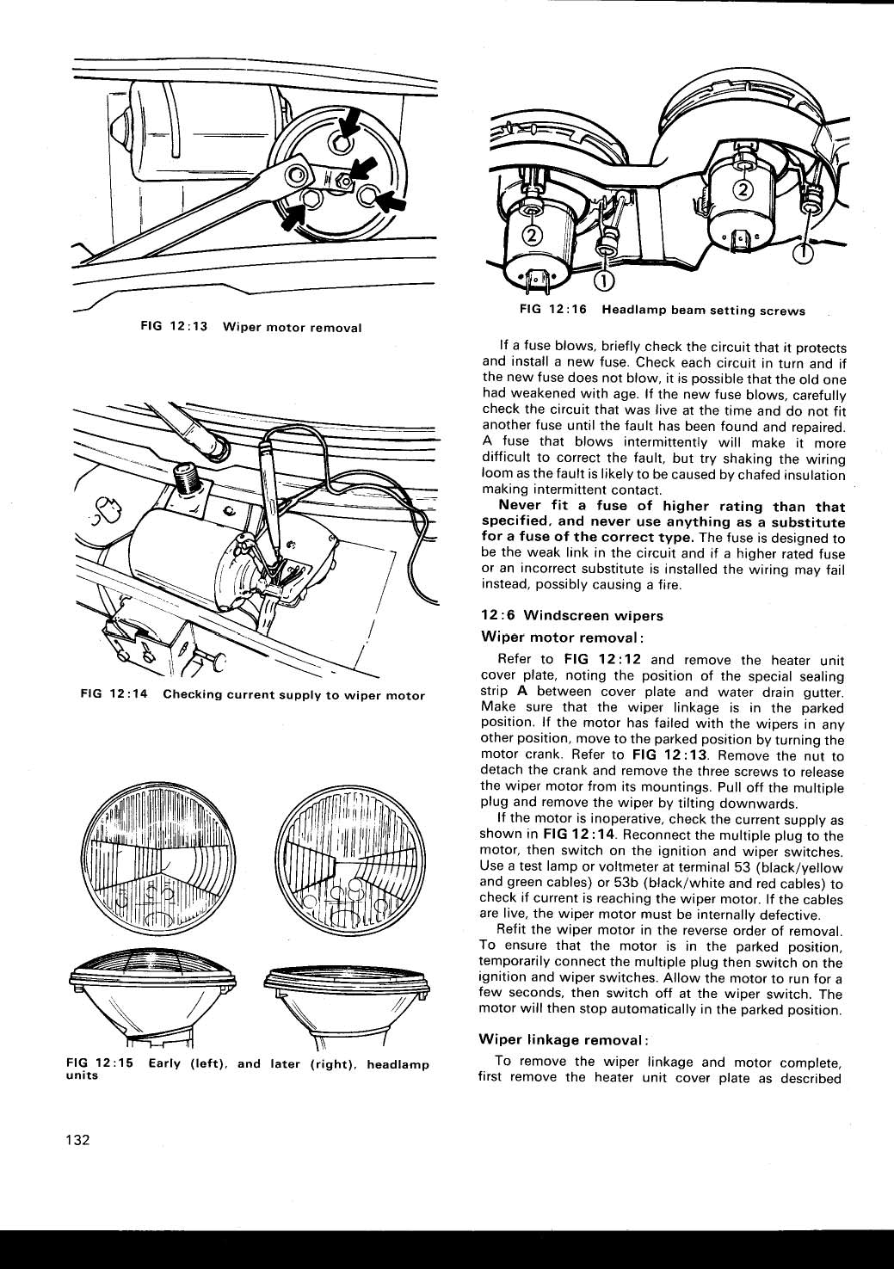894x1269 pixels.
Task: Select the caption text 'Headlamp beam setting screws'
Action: coord(703,311)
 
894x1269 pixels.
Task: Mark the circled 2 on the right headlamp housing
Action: coord(742,190)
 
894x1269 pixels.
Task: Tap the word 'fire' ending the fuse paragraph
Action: coord(668,585)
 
